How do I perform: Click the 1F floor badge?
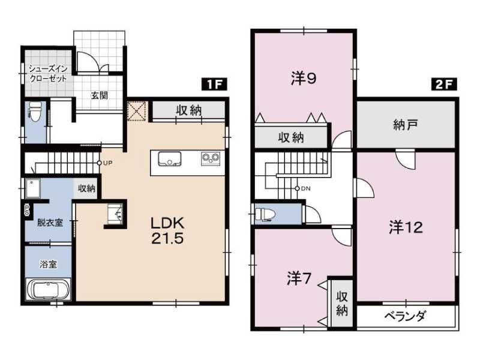[x=214, y=84]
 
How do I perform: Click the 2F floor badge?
[x=444, y=84]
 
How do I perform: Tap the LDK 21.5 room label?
[x=167, y=230]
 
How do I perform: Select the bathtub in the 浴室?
[x=49, y=289]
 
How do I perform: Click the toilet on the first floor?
[x=35, y=112]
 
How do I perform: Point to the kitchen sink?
[x=169, y=159]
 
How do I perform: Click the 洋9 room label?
[x=304, y=79]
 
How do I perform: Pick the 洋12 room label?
[x=406, y=227]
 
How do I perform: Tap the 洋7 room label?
[x=299, y=278]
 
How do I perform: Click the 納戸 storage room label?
[x=406, y=125]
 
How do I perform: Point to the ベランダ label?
[x=405, y=316]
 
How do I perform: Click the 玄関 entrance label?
[x=100, y=95]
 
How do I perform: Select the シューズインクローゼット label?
[x=48, y=73]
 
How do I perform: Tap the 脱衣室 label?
[x=50, y=223]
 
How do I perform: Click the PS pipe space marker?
[x=27, y=210]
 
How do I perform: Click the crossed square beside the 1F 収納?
[x=137, y=111]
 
